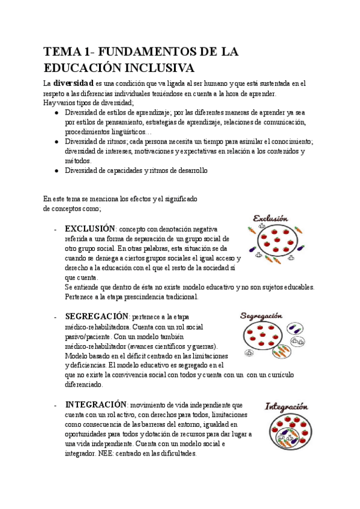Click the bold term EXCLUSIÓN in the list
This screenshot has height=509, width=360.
pyautogui.click(x=89, y=229)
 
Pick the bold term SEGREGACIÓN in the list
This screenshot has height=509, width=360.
pyautogui.click(x=97, y=316)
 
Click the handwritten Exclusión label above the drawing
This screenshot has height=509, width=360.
pyautogui.click(x=271, y=218)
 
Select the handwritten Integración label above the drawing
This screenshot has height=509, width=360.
pyautogui.click(x=290, y=406)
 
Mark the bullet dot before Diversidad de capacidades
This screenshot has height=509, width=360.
pyautogui.click(x=56, y=171)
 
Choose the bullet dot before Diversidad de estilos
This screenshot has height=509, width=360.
pyautogui.click(x=56, y=112)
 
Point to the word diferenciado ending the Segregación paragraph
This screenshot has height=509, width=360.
pyautogui.click(x=84, y=384)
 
